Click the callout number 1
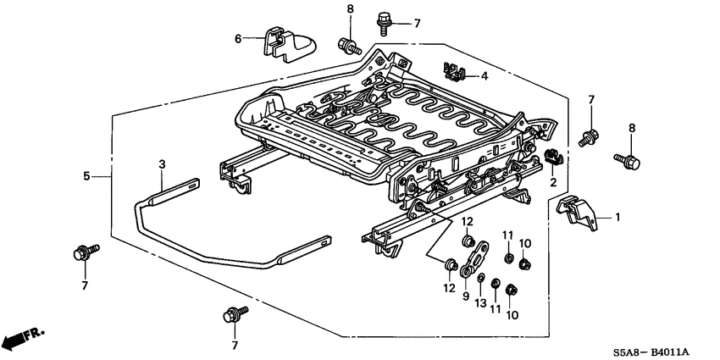[x=618, y=218]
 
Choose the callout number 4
[x=485, y=76]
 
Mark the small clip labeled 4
[x=456, y=70]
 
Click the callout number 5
[x=86, y=175]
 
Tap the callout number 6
[x=238, y=38]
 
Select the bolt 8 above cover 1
[x=628, y=158]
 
